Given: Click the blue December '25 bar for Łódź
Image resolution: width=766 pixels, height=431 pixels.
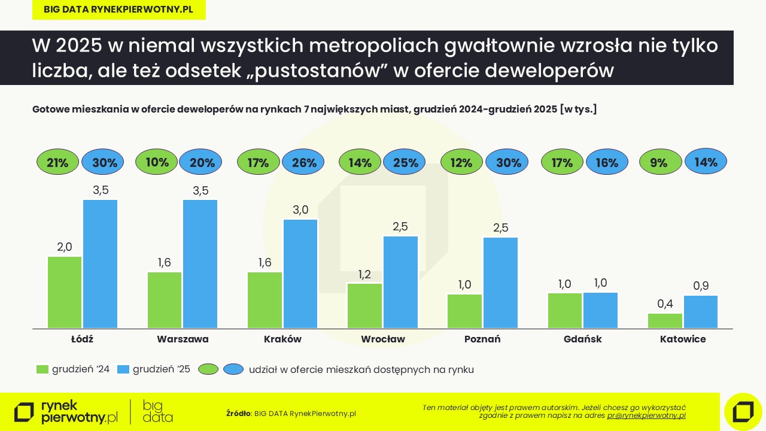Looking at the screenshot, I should point(101,263).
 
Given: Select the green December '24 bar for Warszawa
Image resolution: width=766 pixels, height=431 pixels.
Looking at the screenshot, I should point(165,299).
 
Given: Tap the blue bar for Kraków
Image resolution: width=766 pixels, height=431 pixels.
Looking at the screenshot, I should point(300,274).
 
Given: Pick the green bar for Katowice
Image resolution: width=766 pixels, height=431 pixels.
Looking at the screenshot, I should point(665,320).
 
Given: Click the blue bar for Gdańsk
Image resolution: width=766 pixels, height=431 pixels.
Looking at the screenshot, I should point(600,310).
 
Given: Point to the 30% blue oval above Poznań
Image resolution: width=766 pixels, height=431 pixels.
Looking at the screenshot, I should point(507,162).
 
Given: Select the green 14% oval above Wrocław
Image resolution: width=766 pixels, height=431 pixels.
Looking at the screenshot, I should point(360,162).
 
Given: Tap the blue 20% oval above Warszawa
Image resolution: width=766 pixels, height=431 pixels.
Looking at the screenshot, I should point(200,162).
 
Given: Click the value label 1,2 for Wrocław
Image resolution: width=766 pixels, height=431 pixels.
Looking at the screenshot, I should point(364,275).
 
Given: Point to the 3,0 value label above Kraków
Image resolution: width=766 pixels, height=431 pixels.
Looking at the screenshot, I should point(300,210).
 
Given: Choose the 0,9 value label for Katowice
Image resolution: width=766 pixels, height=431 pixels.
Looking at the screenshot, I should point(701,286).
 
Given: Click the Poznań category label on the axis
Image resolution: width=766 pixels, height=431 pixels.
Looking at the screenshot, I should point(482,339).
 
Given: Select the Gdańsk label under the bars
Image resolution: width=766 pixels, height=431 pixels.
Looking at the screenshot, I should point(582,339).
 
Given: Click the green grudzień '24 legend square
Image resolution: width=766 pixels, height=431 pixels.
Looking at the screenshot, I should point(42,369).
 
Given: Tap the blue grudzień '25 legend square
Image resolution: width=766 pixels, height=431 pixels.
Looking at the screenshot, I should point(123,369).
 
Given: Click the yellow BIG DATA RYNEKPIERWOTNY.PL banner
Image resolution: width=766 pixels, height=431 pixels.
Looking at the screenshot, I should point(118,10).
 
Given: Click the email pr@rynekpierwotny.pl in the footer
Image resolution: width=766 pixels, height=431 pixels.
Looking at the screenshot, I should point(646,415).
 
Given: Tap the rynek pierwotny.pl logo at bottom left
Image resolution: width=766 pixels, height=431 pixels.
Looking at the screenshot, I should point(66,412).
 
